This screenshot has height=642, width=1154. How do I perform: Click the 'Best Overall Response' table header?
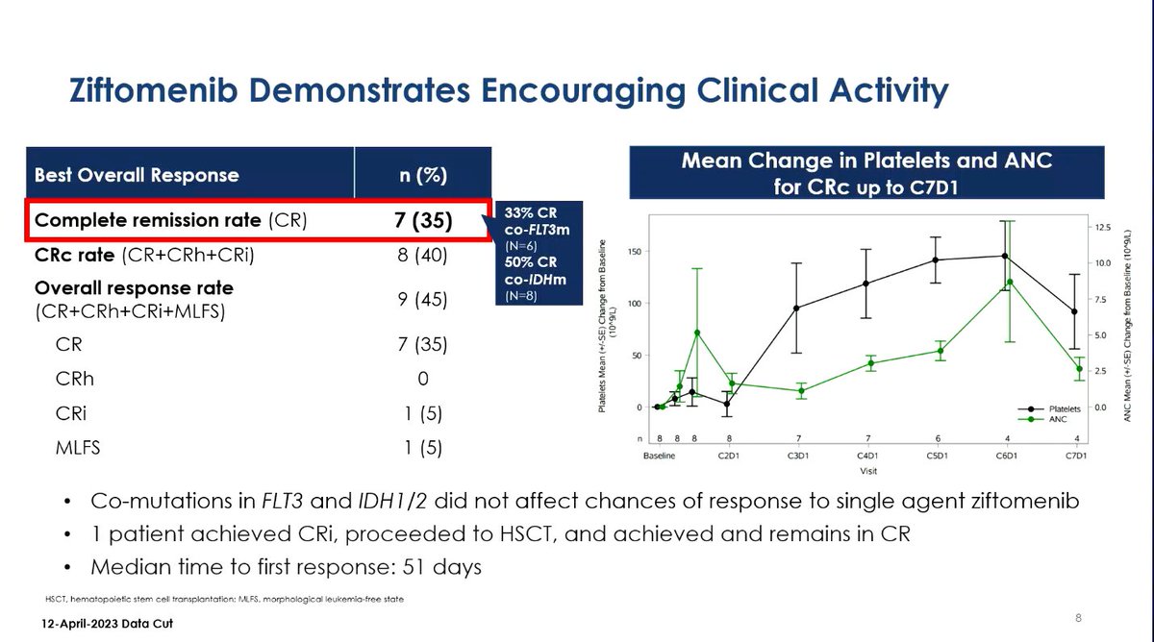pos(137,176)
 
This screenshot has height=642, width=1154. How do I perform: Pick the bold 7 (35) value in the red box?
pos(422,221)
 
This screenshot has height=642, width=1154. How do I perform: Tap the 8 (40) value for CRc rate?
pos(422,257)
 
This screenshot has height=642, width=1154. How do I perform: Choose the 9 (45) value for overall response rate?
pos(422,300)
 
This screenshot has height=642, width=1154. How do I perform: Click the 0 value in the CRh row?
pos(422,378)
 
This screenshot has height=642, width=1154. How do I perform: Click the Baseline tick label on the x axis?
pos(660,456)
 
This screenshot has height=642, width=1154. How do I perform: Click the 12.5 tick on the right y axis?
pos(1103,228)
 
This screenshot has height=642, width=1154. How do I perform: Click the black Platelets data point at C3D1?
pos(798,309)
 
